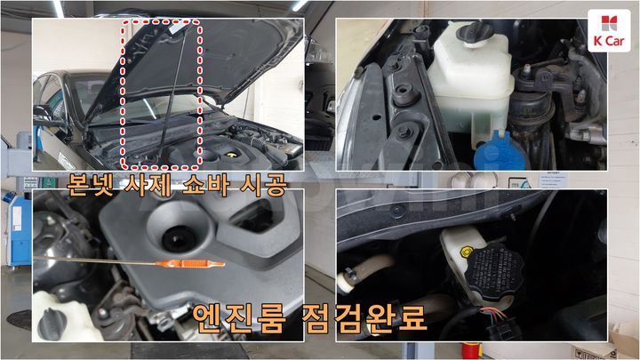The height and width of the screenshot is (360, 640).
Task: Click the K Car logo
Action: pos(609,30)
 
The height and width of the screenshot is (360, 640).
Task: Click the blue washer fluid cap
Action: pos(500,152)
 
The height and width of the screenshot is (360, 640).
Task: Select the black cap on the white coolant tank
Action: pos(475,33)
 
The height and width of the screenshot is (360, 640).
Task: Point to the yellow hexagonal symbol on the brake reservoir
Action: pos(466,252)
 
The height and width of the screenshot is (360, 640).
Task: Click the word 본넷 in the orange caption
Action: pos(90,185)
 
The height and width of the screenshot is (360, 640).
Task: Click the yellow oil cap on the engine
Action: pos(231,155)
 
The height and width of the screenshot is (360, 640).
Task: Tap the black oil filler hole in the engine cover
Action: pos(179,238)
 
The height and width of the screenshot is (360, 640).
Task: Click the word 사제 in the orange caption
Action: pos(148,186)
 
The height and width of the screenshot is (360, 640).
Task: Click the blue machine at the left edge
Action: pos(17,228)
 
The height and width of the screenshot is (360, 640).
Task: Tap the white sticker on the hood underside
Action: pos(177,28)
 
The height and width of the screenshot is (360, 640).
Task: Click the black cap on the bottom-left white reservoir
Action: pos(52,325)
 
